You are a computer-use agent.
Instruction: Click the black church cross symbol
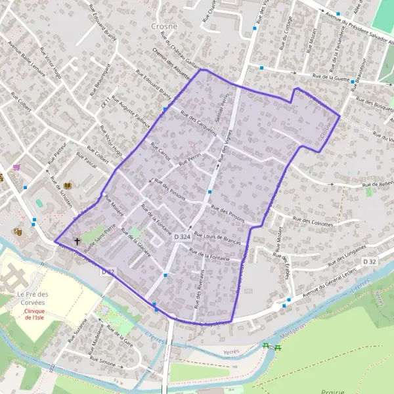point(77,241)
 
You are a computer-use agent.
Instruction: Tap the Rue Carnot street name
point(160,152)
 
